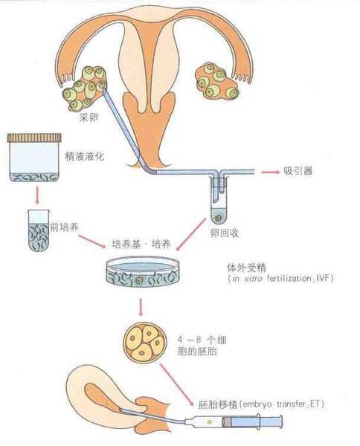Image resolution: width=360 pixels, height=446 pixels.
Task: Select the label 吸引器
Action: [x=298, y=170]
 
